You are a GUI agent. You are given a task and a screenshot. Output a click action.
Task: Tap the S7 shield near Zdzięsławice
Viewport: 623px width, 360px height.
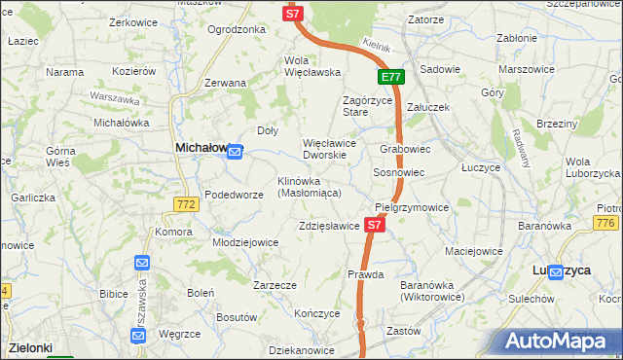tap(376, 225)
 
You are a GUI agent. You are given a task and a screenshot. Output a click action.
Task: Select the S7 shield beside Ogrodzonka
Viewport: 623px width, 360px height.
tap(293, 14)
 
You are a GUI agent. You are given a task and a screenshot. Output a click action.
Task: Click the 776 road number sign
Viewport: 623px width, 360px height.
tap(606, 225)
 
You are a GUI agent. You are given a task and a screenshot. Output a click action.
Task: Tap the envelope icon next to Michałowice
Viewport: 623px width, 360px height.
tap(235, 151)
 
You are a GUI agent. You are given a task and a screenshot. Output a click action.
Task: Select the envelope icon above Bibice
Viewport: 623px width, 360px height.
tap(142, 263)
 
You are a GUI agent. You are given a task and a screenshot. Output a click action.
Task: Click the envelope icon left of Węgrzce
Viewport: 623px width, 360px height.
tap(137, 336)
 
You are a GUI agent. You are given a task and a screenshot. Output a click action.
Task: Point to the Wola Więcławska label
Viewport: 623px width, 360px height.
tap(311, 65)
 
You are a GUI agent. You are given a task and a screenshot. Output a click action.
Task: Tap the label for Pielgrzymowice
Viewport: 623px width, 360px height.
tap(412, 207)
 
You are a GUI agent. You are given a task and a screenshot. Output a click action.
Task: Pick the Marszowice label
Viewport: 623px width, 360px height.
tap(526, 70)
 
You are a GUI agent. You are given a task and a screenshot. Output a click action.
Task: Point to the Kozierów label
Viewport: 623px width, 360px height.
tap(134, 71)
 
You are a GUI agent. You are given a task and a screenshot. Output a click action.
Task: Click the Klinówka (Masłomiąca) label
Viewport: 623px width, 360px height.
tap(309, 187)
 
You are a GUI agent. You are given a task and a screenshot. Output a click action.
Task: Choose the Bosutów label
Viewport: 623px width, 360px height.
tap(236, 317)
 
